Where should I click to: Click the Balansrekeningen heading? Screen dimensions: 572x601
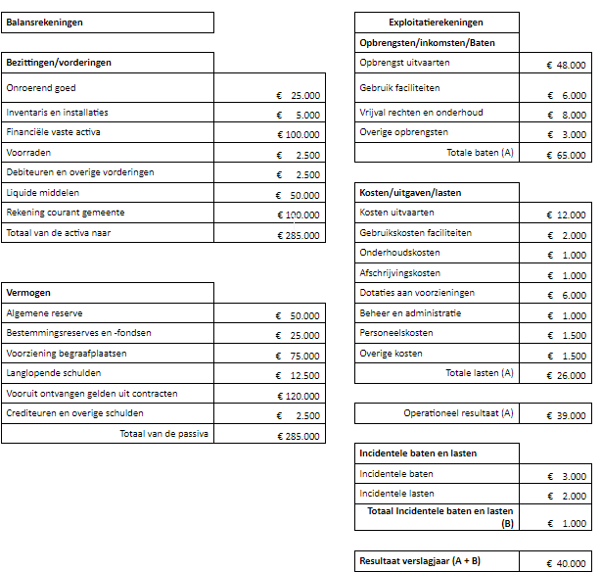[44, 23]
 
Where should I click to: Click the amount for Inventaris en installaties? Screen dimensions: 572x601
[299, 115]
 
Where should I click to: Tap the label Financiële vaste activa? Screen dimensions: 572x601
[53, 132]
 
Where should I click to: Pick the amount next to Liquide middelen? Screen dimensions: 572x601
[299, 195]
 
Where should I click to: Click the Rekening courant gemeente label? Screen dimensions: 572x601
[66, 213]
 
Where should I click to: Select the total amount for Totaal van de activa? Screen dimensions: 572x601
[299, 235]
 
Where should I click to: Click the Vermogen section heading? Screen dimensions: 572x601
[28, 293]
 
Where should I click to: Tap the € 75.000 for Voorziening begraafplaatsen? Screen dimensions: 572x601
[299, 356]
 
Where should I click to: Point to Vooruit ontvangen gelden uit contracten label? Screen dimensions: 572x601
[92, 393]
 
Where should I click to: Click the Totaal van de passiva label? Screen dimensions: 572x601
[166, 433]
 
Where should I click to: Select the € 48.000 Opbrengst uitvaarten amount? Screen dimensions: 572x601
[567, 65]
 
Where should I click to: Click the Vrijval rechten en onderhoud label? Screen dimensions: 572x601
[421, 113]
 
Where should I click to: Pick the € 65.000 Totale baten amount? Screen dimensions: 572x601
[567, 155]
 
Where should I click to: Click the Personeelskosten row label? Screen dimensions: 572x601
[396, 333]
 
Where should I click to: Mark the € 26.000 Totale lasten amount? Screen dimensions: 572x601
[567, 375]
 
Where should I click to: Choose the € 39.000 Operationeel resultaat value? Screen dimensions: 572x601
[567, 415]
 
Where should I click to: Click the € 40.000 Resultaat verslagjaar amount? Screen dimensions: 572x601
[567, 563]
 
